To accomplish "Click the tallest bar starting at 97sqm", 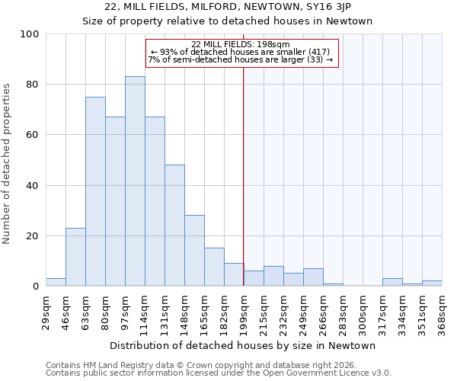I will (x=135, y=181).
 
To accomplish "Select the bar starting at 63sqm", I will (x=95, y=191).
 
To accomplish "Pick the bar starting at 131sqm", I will (x=174, y=226).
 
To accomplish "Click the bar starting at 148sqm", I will (x=194, y=251).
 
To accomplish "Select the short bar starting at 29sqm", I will (x=56, y=282).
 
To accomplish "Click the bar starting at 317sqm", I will (x=392, y=282).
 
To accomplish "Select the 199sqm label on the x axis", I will (x=244, y=310).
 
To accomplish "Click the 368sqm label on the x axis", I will (x=442, y=310).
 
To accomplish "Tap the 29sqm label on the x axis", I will (x=46, y=310).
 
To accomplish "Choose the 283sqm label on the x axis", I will (x=343, y=310).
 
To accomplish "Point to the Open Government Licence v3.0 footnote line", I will (x=219, y=373).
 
